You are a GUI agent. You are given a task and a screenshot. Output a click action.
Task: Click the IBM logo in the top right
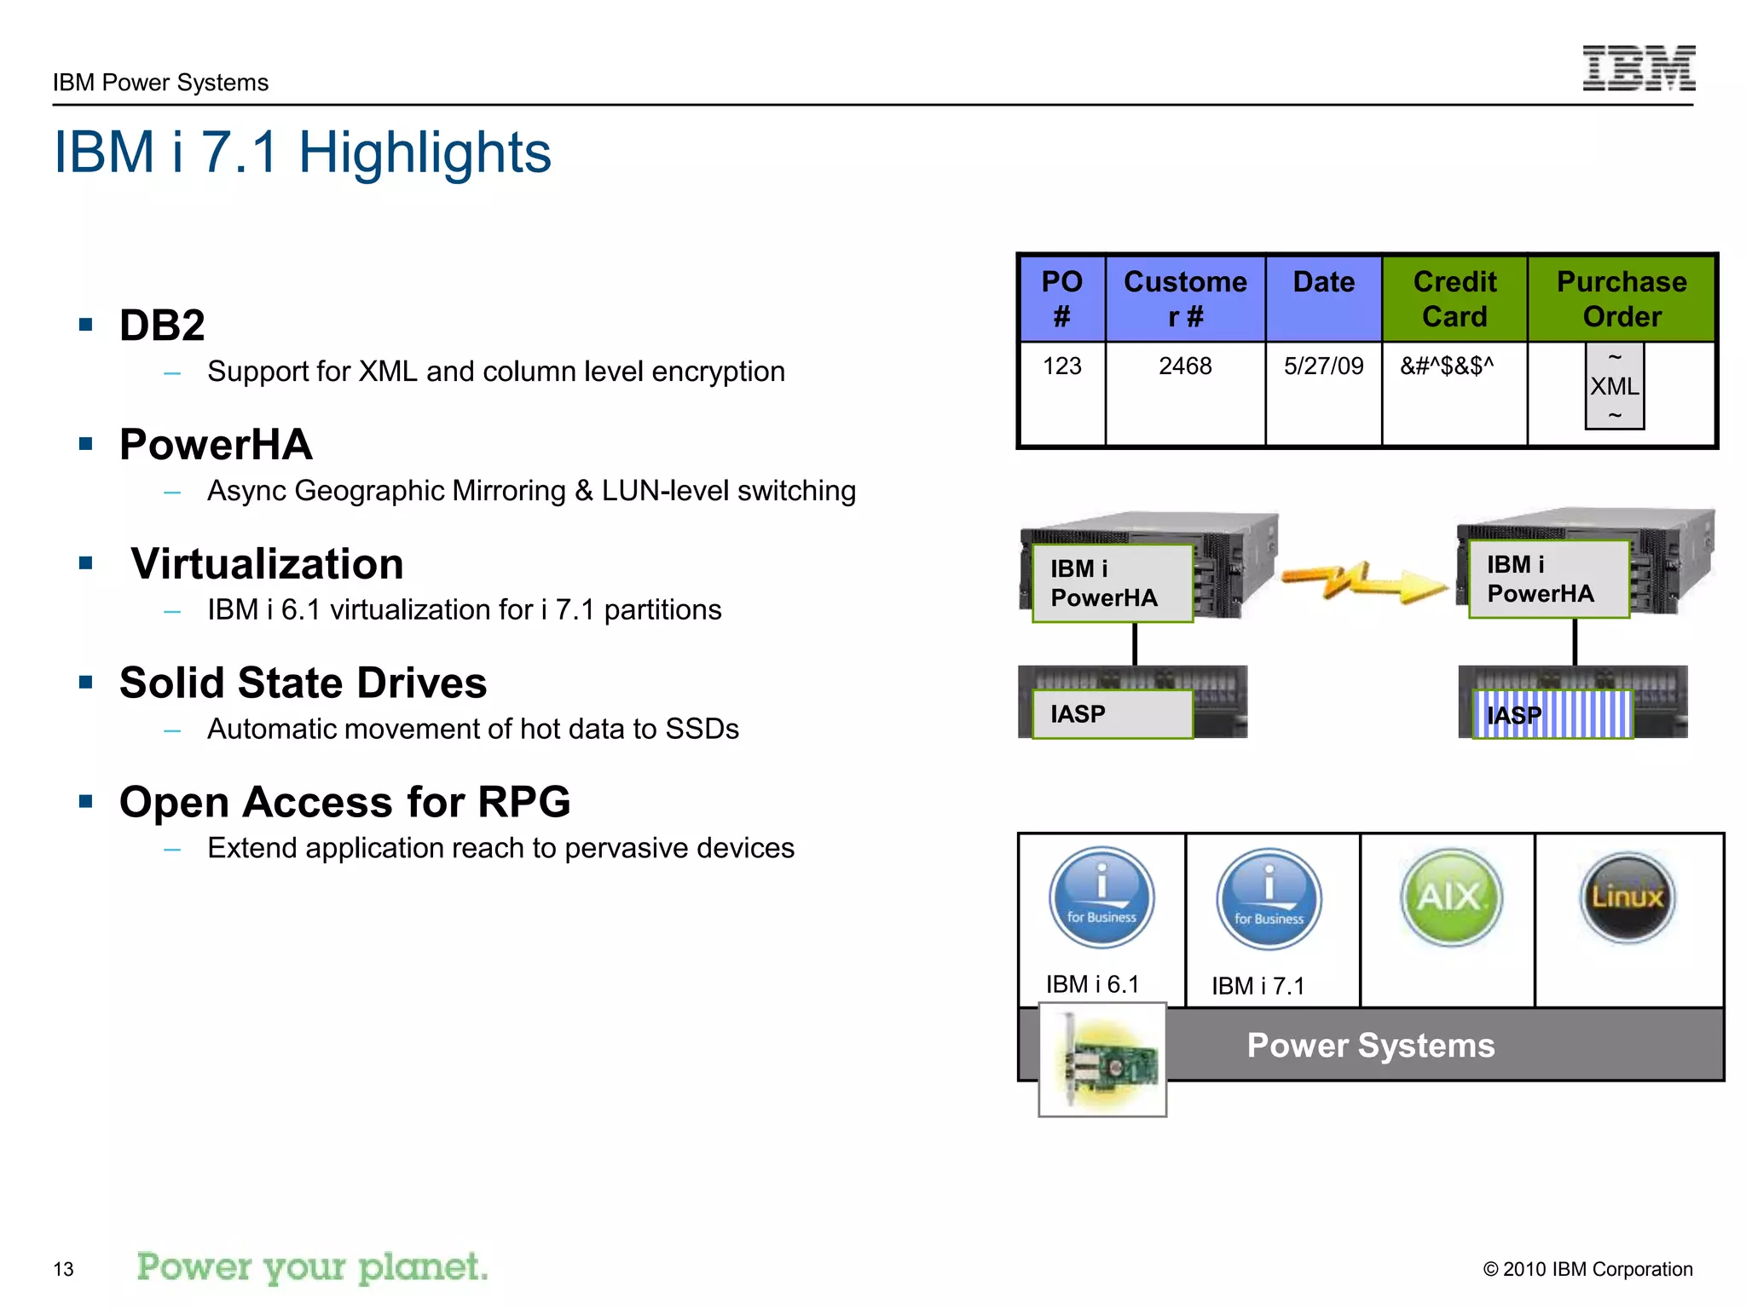[1638, 68]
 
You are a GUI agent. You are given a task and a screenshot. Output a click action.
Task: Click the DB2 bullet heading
[162, 326]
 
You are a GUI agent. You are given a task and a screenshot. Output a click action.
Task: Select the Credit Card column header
[1454, 299]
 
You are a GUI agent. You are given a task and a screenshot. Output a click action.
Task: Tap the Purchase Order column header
[1621, 299]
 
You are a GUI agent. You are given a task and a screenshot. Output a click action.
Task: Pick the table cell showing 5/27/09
[1323, 366]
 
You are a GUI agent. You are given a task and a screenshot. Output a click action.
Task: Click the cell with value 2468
[1185, 366]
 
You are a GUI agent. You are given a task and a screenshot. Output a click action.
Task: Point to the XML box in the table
[1614, 386]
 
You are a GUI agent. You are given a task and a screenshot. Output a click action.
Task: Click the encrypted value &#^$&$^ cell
[1447, 366]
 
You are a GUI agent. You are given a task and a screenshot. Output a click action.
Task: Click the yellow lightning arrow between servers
[1364, 582]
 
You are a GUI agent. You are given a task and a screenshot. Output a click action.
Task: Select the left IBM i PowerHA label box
[1112, 584]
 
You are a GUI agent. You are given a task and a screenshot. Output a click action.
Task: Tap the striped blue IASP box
[1552, 714]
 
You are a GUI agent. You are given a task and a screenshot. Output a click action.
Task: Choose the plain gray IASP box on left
[1112, 714]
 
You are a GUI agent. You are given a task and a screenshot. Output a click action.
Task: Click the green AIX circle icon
[1451, 897]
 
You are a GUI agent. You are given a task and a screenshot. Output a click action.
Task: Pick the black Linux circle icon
[1627, 897]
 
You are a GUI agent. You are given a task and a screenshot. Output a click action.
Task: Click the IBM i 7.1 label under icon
[1258, 986]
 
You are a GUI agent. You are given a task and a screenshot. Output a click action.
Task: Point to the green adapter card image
[1102, 1060]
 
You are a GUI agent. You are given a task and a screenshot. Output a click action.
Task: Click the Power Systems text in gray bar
[1370, 1046]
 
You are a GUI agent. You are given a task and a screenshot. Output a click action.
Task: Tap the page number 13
[64, 1269]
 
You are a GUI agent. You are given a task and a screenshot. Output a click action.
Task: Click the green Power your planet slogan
[313, 1267]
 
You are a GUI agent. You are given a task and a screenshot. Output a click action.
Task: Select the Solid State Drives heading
[303, 683]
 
